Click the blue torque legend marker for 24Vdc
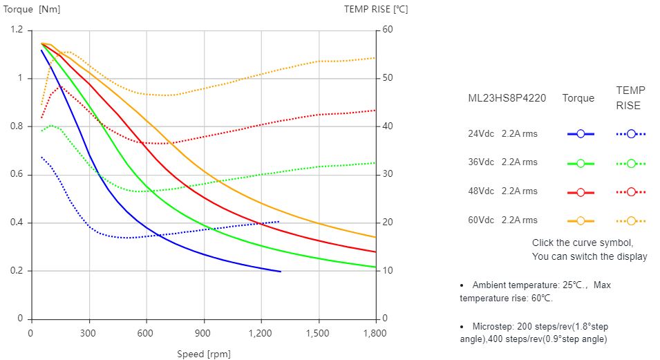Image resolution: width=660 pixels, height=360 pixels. pos(581,134)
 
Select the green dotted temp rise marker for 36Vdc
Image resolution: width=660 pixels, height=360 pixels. pos(631,163)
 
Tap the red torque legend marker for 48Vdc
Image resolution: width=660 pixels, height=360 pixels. pos(581,192)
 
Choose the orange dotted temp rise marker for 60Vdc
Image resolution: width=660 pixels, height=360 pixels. pos(631,221)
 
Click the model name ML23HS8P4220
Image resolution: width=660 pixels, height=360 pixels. pos(507,98)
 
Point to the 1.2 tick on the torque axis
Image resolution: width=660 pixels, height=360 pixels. pos(17,30)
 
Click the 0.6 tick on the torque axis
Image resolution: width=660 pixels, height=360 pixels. pos(17,175)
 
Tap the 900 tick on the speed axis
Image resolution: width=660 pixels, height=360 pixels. pos(203,332)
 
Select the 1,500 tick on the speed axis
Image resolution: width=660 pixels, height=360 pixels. pos(318,332)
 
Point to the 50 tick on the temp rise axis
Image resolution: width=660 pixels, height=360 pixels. pos(388,78)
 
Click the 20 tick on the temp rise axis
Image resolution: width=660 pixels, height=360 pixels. pos(388,222)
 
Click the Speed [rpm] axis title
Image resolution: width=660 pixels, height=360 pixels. pos(203,354)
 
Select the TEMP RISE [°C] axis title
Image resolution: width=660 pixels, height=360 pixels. pos(377,9)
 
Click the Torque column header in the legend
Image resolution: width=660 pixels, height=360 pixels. pos(578,98)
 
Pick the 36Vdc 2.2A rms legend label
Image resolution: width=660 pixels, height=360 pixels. pos(502,163)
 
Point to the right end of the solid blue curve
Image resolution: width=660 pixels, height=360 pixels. pos(281,272)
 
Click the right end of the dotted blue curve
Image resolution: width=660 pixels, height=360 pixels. pos(279,222)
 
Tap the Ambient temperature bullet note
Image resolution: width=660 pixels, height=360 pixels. pos(536,292)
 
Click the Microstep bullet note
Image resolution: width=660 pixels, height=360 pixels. pos(534,332)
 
